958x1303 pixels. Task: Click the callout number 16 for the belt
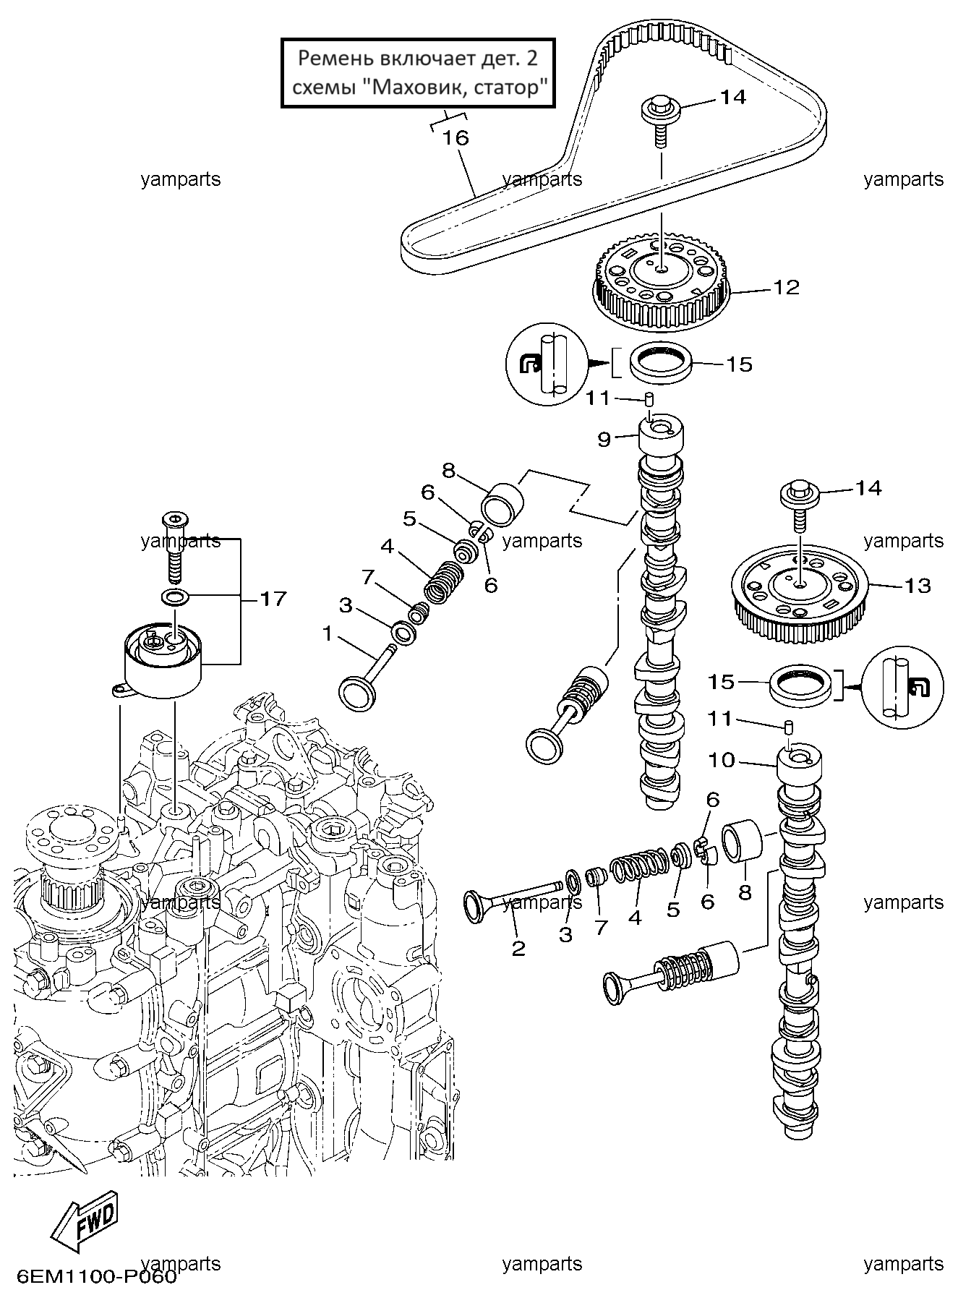click(x=456, y=137)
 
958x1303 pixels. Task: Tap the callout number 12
click(x=786, y=288)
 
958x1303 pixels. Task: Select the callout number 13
click(x=917, y=585)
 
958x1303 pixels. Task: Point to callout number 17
click(x=273, y=599)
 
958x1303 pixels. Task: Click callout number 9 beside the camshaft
click(x=604, y=439)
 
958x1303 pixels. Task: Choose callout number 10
click(x=722, y=760)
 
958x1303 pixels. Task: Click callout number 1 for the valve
click(x=327, y=634)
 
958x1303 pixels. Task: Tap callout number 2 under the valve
click(x=518, y=948)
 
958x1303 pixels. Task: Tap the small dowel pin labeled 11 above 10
click(x=790, y=726)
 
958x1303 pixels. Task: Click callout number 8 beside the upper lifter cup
click(x=448, y=471)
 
